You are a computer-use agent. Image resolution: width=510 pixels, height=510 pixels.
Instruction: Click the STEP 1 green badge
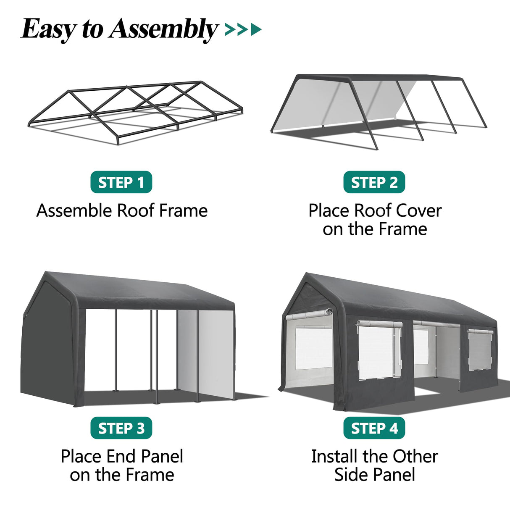121,182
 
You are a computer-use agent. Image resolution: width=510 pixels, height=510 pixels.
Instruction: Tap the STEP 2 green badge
374,182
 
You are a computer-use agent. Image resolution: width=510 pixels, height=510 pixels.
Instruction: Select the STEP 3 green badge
121,428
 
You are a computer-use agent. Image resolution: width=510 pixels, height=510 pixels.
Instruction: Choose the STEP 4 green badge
374,428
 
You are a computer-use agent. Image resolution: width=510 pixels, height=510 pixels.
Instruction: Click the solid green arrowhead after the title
256,29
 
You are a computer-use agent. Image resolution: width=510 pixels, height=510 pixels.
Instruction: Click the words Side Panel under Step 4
374,475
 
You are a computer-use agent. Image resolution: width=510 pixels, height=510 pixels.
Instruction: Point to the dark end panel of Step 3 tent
46,344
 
